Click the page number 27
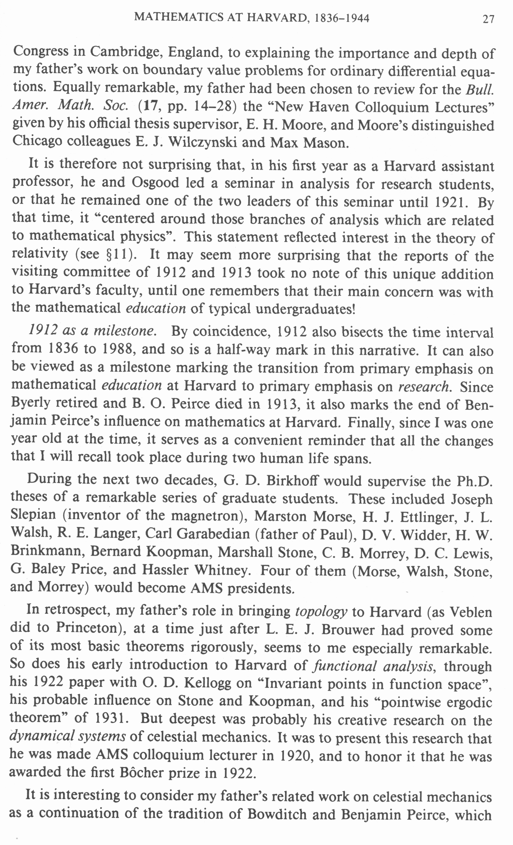(x=488, y=19)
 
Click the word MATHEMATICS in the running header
(x=179, y=17)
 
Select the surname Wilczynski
(x=203, y=142)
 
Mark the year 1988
(x=117, y=349)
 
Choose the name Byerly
(x=31, y=403)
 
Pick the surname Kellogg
(x=208, y=683)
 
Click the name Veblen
(x=470, y=612)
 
